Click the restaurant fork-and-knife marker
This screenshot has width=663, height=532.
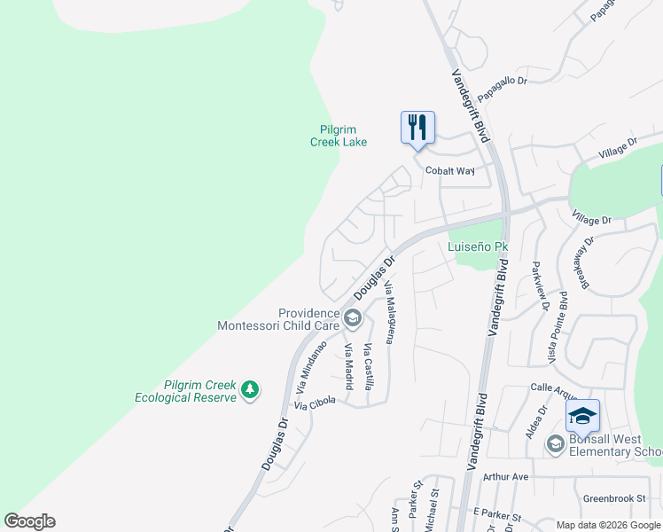point(417,127)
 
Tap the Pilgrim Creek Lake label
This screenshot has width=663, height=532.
point(339,136)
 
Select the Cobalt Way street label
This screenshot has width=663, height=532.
point(450,170)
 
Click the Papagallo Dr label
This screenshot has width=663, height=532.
point(502,81)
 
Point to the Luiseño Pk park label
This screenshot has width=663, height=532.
point(478,246)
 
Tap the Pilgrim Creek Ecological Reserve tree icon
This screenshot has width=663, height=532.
point(251,388)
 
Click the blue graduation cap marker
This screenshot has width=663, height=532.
point(583,416)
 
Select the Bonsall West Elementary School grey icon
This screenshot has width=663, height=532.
point(556,444)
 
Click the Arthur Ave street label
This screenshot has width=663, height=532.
point(505,476)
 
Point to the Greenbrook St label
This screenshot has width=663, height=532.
point(614,498)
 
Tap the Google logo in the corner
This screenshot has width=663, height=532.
point(29,521)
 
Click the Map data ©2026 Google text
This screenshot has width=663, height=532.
point(607,525)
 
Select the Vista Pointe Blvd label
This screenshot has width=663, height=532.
point(561,328)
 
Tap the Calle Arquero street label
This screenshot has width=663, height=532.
point(553,387)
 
